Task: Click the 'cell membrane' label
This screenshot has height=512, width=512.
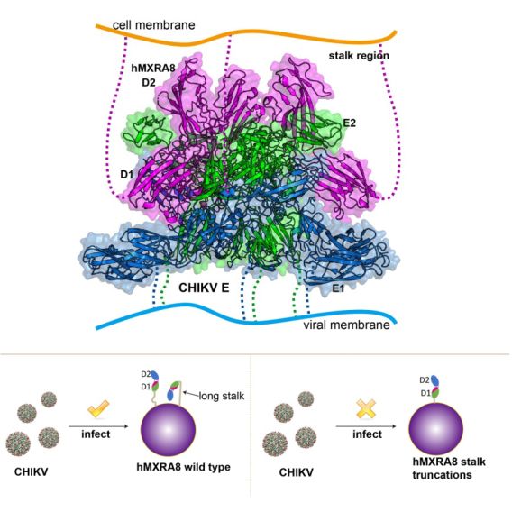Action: click(153, 25)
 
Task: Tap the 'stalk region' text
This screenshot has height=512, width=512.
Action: click(359, 56)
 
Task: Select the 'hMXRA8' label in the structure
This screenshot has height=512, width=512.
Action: click(153, 68)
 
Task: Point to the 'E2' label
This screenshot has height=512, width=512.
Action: click(350, 123)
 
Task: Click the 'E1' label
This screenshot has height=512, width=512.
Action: click(338, 288)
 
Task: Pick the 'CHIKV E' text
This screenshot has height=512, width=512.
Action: click(204, 288)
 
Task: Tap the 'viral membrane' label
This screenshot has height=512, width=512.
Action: click(346, 325)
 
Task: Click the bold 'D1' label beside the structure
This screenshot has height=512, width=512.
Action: click(127, 175)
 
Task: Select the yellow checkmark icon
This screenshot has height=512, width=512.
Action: click(98, 408)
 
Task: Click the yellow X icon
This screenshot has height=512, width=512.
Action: click(366, 408)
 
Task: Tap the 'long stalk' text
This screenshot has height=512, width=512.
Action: click(222, 396)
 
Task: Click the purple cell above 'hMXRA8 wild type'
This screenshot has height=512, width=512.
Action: click(169, 429)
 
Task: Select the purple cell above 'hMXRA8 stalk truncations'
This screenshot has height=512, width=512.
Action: click(436, 428)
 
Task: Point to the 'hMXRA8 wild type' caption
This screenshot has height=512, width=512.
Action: click(184, 467)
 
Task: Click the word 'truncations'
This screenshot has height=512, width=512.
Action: click(442, 475)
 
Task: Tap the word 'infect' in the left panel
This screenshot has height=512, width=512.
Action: click(96, 434)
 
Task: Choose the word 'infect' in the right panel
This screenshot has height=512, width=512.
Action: click(367, 434)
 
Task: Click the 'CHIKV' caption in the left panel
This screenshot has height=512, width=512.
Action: click(31, 471)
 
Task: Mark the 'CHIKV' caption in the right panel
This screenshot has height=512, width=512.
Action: click(297, 472)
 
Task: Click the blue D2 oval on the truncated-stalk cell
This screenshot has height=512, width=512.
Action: click(434, 380)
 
